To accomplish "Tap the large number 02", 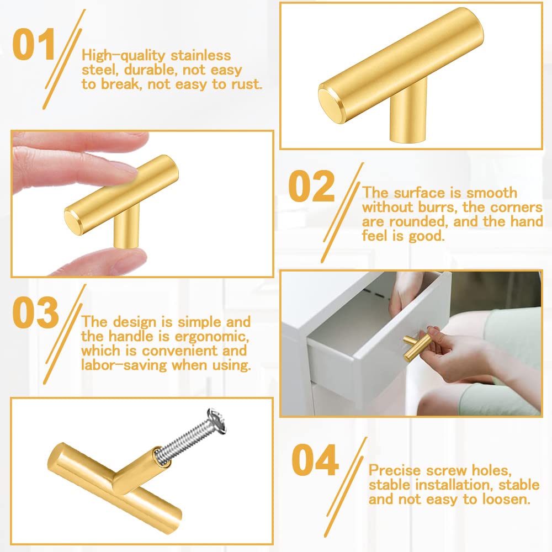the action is click(x=311, y=186).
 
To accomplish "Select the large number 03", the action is click(x=35, y=312).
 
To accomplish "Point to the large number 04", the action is click(x=315, y=460).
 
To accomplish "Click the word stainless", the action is click(x=201, y=56).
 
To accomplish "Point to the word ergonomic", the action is click(x=211, y=337).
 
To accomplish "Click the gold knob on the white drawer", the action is click(x=417, y=346).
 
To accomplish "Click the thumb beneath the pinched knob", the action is click(x=105, y=261).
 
